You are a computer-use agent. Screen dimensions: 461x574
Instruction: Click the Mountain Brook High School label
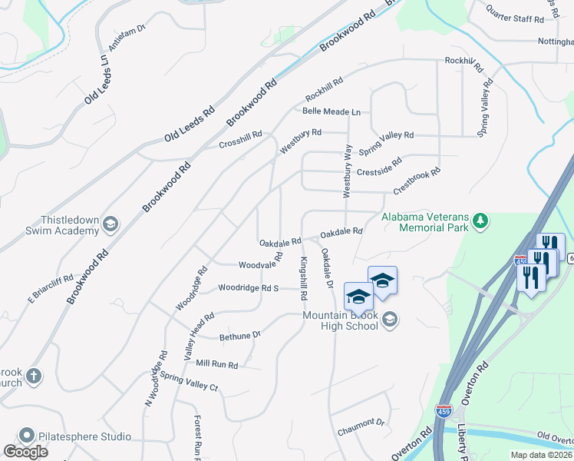[x=341, y=320]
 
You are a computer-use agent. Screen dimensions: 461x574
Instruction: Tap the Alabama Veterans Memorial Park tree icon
[x=480, y=222]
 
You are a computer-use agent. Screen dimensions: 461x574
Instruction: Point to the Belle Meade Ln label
[x=331, y=111]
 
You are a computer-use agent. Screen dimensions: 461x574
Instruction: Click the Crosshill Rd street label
[x=240, y=139]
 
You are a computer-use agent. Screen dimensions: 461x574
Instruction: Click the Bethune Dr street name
[x=240, y=335]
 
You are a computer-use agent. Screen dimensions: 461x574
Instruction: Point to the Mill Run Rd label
[x=217, y=363]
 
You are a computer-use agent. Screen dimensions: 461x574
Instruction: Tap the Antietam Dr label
[x=127, y=39]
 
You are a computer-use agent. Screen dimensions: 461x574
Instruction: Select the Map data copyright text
[x=540, y=455]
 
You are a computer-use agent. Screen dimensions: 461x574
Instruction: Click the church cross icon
[x=32, y=376]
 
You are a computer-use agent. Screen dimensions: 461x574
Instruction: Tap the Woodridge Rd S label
[x=247, y=288]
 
